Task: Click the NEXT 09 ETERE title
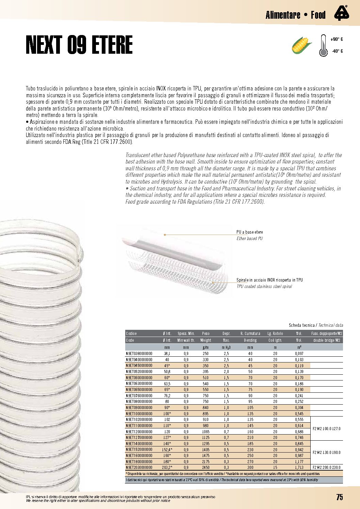point(79,45)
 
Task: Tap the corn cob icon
point(301,45)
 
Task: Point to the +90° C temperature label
point(337,39)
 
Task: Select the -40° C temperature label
point(337,51)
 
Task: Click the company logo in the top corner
point(341,14)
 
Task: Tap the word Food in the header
point(318,15)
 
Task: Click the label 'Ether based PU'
point(250,239)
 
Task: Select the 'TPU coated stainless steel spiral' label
point(264,287)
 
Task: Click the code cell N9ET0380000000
point(139,354)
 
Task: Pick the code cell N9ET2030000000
point(139,468)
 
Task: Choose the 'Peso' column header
point(206,334)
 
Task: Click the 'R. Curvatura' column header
point(250,334)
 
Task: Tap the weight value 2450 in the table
point(206,468)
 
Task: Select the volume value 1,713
point(299,468)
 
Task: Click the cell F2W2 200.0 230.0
point(327,468)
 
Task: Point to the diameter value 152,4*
point(167,449)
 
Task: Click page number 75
point(340,497)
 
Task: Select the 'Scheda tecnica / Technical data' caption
point(316,325)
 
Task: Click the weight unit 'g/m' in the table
point(206,347)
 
